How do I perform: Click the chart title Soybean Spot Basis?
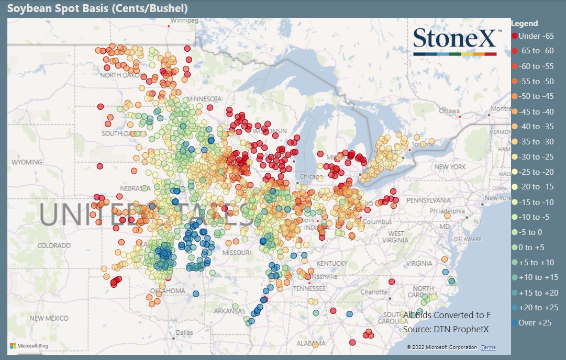point(97,8)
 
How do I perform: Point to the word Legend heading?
point(524,24)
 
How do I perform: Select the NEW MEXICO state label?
point(49,318)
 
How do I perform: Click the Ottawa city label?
point(449,111)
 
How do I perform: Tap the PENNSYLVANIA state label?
point(429,200)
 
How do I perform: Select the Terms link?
point(488,347)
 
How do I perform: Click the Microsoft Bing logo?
point(29,346)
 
